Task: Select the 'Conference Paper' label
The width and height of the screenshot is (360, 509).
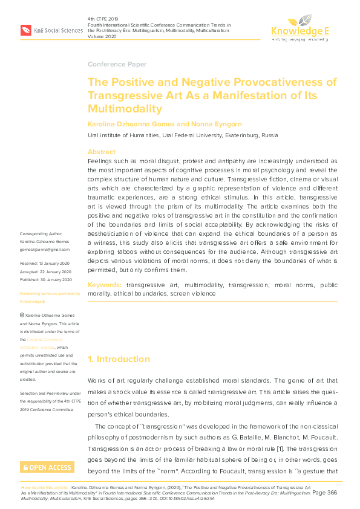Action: pyautogui.click(x=117, y=64)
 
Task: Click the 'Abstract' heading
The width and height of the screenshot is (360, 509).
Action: pyautogui.click(x=101, y=152)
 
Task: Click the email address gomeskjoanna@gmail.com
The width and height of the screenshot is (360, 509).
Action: pyautogui.click(x=45, y=248)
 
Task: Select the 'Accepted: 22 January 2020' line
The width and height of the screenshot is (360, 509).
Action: pyautogui.click(x=47, y=271)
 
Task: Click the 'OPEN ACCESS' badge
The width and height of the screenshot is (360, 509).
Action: pyautogui.click(x=47, y=467)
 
